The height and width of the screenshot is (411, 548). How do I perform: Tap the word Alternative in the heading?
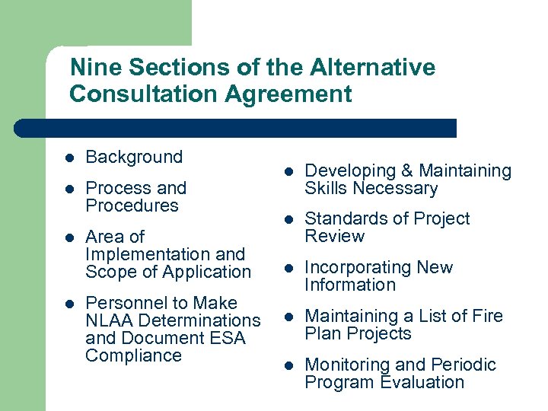tap(372, 68)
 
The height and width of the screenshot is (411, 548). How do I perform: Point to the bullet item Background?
tap(134, 158)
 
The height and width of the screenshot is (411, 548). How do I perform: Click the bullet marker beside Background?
tap(68, 158)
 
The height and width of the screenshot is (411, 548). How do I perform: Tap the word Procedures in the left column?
tap(132, 205)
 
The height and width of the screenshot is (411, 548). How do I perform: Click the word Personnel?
tap(123, 303)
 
